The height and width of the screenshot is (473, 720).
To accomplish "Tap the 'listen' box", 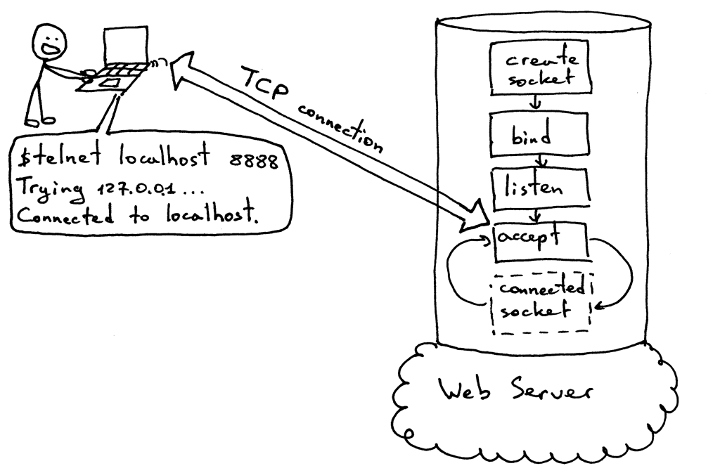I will (x=538, y=188).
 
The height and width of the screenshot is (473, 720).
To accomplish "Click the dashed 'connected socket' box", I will (x=542, y=302).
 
